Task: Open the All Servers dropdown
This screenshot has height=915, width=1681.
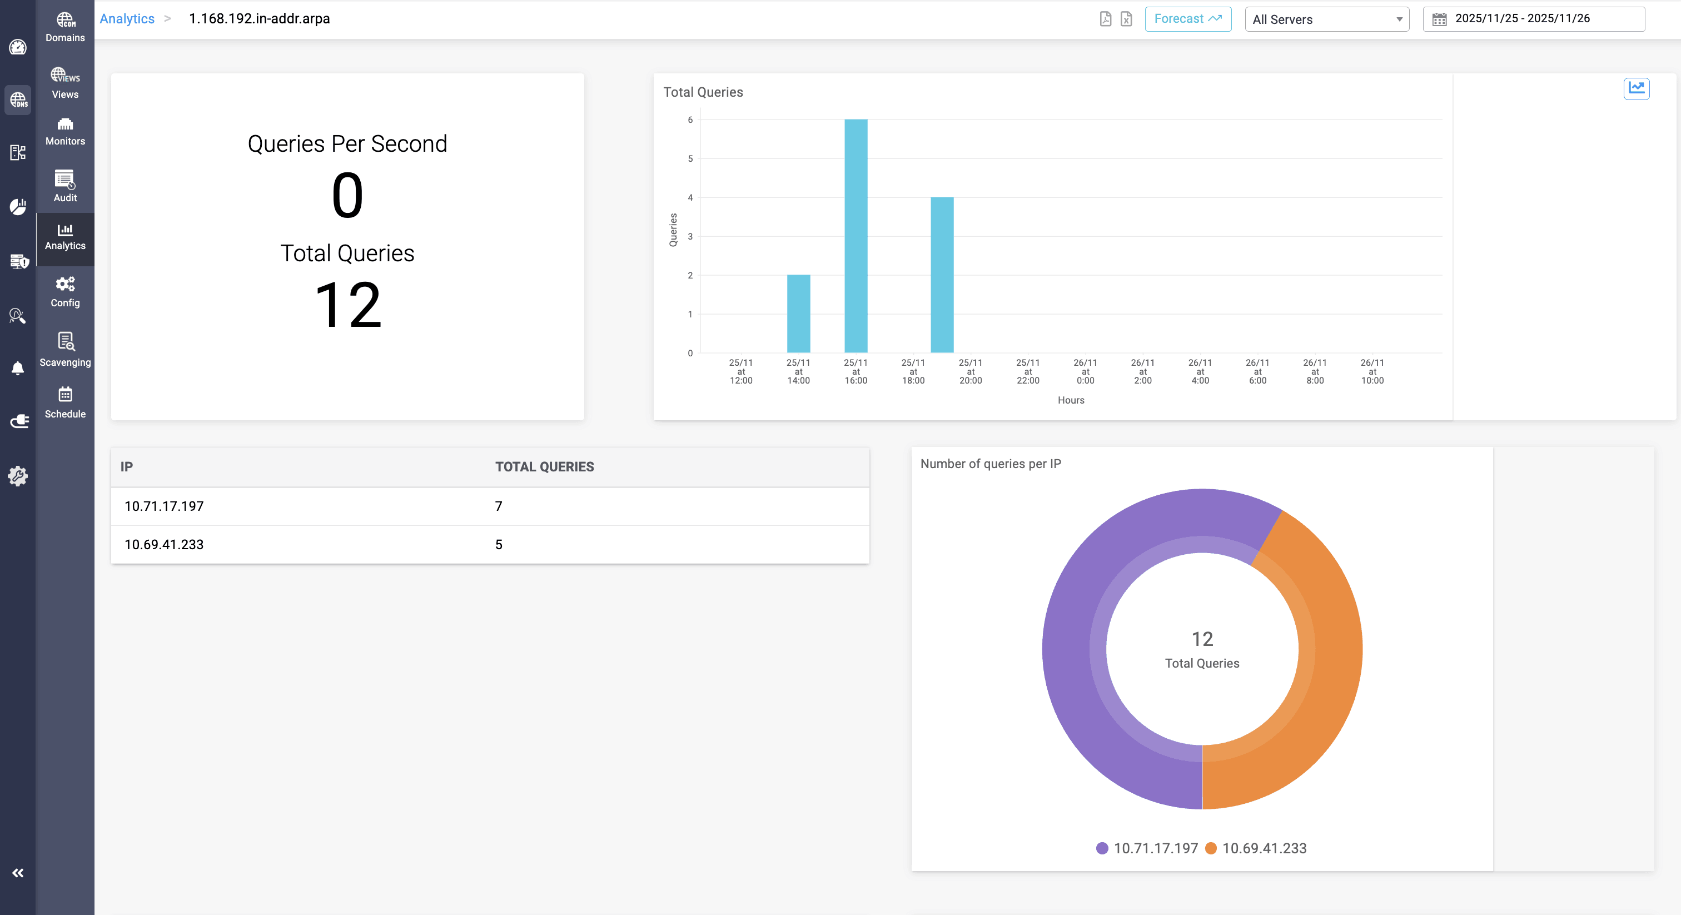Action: (x=1327, y=19)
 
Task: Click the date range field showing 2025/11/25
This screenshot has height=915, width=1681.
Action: (x=1534, y=19)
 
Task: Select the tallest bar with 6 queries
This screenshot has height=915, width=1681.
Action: (x=856, y=236)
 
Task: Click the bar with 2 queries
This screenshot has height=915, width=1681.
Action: (x=798, y=314)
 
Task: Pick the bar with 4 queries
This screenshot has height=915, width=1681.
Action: (x=942, y=275)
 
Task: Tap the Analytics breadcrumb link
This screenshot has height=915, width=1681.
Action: (x=127, y=19)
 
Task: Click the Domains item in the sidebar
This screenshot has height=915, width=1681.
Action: (x=65, y=27)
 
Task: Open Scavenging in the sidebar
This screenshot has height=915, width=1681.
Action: (x=65, y=349)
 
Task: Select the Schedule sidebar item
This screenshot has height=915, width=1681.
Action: (x=65, y=402)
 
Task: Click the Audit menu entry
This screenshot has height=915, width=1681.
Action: (x=65, y=186)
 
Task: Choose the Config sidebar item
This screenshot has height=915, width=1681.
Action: (x=65, y=292)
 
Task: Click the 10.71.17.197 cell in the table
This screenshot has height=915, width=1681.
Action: (x=165, y=506)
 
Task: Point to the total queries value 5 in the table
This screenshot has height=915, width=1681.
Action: (x=499, y=545)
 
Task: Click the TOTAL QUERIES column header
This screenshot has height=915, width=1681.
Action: (x=544, y=466)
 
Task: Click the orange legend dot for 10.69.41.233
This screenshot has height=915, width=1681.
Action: (x=1211, y=848)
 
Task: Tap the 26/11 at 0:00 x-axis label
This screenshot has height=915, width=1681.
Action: (x=1085, y=371)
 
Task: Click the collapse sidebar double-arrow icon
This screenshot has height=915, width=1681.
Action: (x=18, y=873)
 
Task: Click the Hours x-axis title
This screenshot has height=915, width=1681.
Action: (x=1071, y=400)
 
